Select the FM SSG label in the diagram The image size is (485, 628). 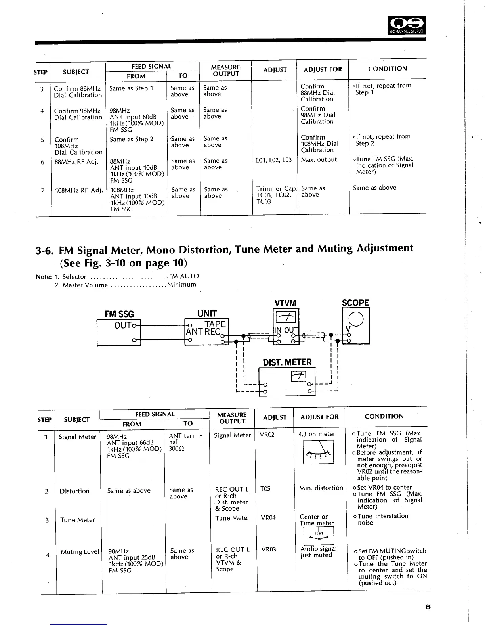click(x=119, y=314)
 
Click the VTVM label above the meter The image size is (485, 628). click(x=285, y=303)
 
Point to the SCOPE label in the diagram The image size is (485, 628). click(x=355, y=303)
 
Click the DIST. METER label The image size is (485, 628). click(x=287, y=362)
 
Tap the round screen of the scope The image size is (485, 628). click(x=356, y=319)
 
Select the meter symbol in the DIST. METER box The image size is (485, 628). click(x=298, y=375)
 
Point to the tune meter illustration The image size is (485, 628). click(x=319, y=537)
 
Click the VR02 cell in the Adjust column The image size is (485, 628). click(x=267, y=435)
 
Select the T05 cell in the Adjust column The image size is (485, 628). click(x=265, y=489)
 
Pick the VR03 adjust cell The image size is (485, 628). click(x=269, y=549)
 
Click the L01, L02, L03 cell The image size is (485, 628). click(x=274, y=160)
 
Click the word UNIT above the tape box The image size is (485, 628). click(x=207, y=314)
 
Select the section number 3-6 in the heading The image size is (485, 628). click(x=44, y=251)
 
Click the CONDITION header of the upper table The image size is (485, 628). click(x=387, y=69)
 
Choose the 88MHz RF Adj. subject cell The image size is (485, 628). click(x=76, y=162)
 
